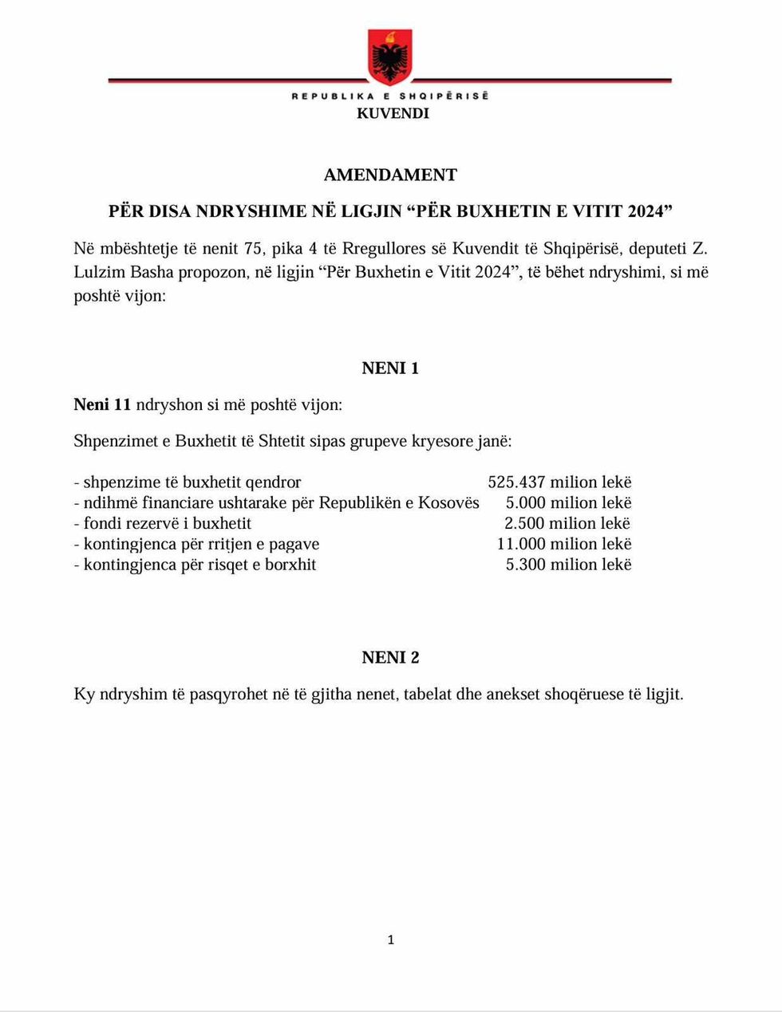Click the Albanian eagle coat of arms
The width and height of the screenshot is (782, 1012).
click(x=390, y=57)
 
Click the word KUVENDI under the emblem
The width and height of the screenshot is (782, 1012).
click(x=393, y=113)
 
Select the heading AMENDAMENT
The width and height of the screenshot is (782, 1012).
click(x=390, y=175)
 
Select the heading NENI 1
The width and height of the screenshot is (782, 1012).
click(x=390, y=368)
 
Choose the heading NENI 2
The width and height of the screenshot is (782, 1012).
click(x=390, y=658)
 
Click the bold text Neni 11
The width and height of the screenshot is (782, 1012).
click(x=102, y=404)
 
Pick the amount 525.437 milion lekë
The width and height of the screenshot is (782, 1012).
click(x=559, y=482)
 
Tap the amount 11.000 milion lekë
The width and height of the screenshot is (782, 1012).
click(x=563, y=544)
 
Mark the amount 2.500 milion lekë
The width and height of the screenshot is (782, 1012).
click(x=567, y=524)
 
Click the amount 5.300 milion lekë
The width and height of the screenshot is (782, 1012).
click(x=568, y=565)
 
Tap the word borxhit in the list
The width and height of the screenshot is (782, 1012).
click(x=291, y=565)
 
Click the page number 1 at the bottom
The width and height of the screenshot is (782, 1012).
click(x=390, y=940)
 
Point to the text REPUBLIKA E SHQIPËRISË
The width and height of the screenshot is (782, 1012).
click(x=390, y=96)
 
